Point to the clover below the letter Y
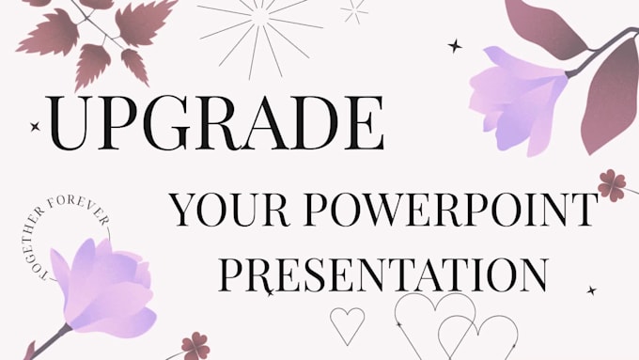195,345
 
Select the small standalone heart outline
347,324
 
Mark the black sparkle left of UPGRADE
36,125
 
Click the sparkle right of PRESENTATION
591,290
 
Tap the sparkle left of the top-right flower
455,45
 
